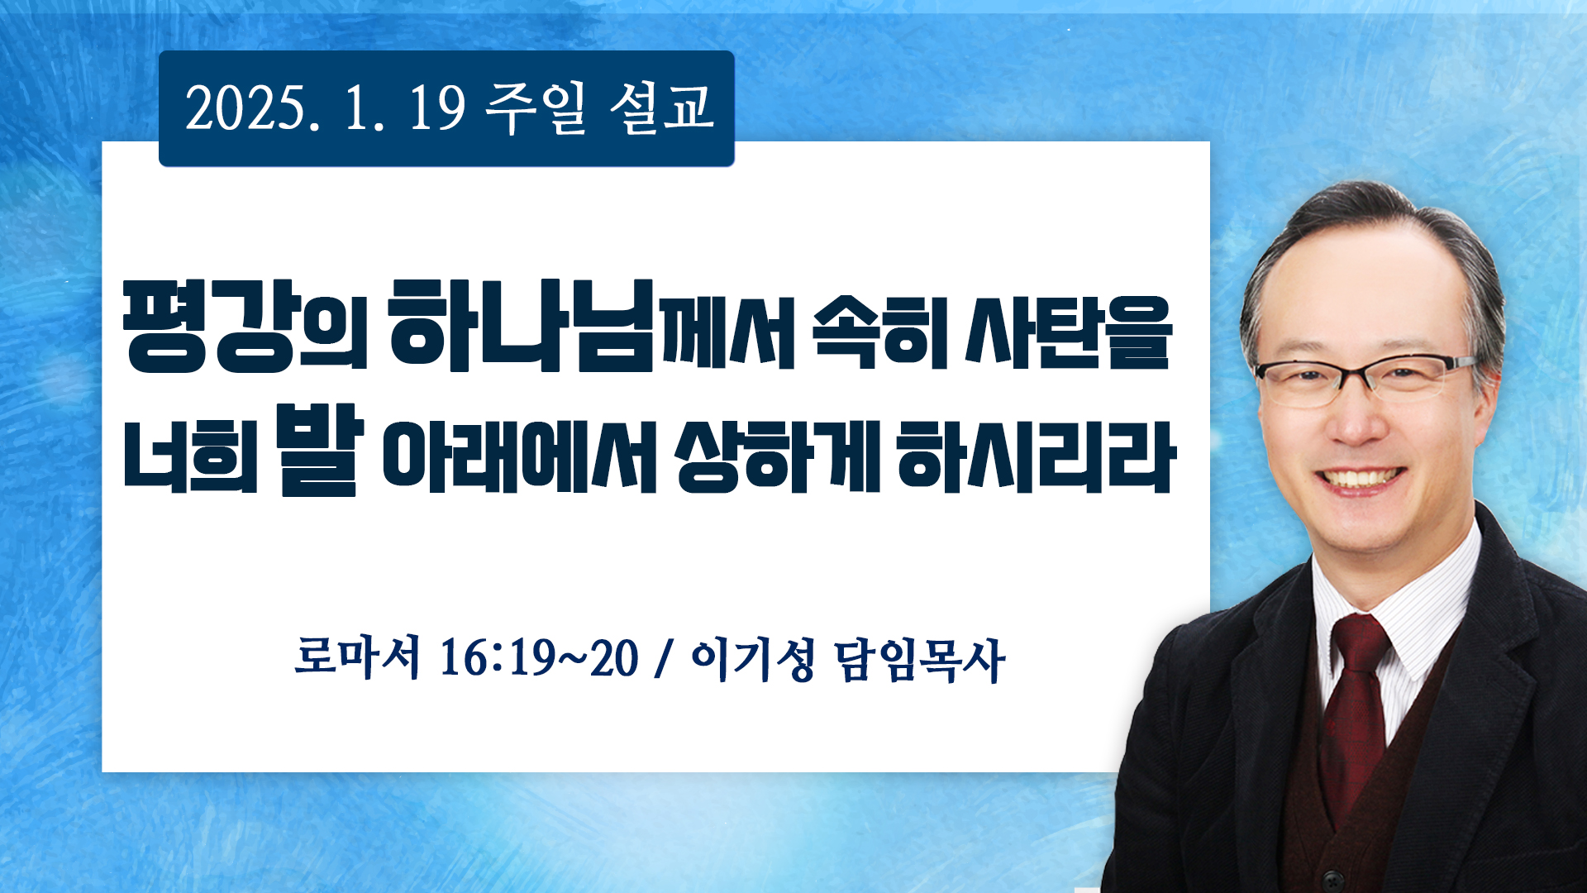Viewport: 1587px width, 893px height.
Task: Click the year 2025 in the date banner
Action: click(245, 109)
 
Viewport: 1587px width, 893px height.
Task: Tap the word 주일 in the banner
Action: click(535, 109)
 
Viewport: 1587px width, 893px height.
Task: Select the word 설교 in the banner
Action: click(661, 108)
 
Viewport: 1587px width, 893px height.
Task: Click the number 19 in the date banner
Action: click(437, 109)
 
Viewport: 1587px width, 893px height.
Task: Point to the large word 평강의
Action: click(245, 326)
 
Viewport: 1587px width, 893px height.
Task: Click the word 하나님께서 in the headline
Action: click(591, 325)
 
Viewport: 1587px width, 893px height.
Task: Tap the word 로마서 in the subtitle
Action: click(357, 658)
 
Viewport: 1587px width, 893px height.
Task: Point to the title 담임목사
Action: click(920, 660)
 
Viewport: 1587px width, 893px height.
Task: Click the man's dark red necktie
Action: click(1353, 711)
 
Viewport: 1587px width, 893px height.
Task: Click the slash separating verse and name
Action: click(661, 659)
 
